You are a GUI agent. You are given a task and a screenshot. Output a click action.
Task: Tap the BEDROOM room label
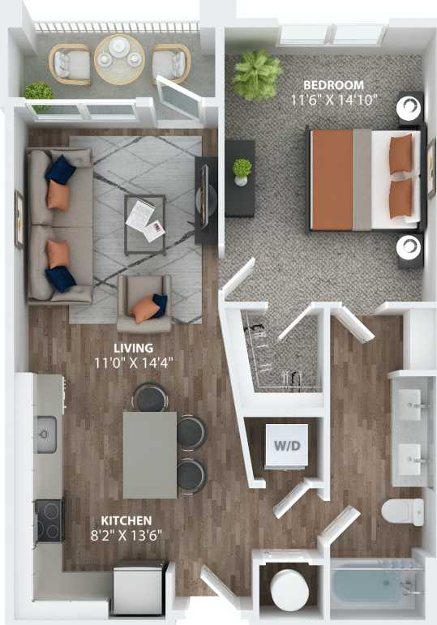pos(334,85)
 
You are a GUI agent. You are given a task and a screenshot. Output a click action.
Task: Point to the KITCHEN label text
pos(126,520)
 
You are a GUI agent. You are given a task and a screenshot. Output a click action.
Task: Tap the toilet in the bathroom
pos(403,512)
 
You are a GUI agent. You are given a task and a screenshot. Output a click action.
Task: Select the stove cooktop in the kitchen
pos(49,520)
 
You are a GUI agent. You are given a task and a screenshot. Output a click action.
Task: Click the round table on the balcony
pos(119,58)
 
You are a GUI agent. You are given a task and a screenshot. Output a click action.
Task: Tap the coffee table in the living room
pos(145,220)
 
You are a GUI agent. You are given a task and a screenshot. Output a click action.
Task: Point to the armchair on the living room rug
pos(145,304)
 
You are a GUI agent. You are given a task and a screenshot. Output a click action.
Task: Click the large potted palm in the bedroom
pos(256,75)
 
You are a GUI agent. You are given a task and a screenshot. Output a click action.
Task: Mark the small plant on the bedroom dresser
pos(242,170)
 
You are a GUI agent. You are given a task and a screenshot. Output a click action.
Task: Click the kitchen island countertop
pos(149,454)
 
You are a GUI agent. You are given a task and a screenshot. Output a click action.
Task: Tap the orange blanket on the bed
pos(332,179)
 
